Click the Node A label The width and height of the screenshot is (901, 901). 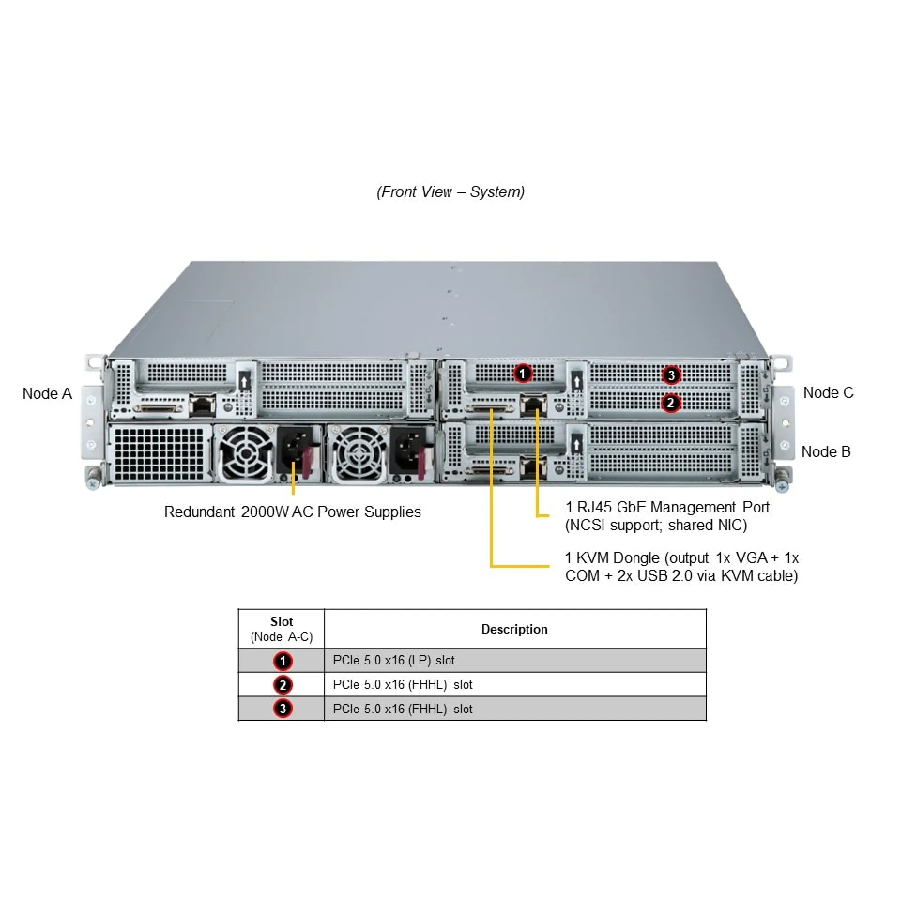coord(47,393)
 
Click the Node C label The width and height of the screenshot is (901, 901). coord(828,392)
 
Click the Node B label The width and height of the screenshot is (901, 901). coord(826,451)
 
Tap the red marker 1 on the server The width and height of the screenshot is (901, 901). coord(523,374)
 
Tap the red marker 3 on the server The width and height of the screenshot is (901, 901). coord(671,375)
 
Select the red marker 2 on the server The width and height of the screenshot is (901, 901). coord(671,403)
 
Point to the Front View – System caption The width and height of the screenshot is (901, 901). coord(450,191)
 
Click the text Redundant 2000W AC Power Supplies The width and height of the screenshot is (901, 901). coord(292,512)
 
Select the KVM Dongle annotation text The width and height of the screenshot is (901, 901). coord(681,566)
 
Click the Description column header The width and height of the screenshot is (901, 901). coord(514,629)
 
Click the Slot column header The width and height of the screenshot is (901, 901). coord(281,628)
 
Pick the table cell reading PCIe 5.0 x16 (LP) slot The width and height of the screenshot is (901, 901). coord(394,660)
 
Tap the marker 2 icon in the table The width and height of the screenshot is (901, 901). coord(283,685)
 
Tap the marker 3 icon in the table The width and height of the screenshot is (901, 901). coord(283,709)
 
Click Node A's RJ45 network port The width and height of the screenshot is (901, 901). coord(202,405)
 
